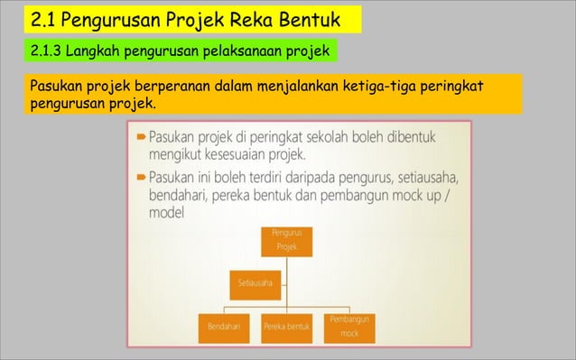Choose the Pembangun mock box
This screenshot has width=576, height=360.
[348, 327]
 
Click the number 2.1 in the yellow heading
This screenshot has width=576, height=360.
[44, 18]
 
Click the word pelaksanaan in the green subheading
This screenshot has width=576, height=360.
[239, 50]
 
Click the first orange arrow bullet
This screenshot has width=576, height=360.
[142, 137]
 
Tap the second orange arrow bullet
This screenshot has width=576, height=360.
[142, 175]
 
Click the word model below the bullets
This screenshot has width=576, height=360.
[167, 213]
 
